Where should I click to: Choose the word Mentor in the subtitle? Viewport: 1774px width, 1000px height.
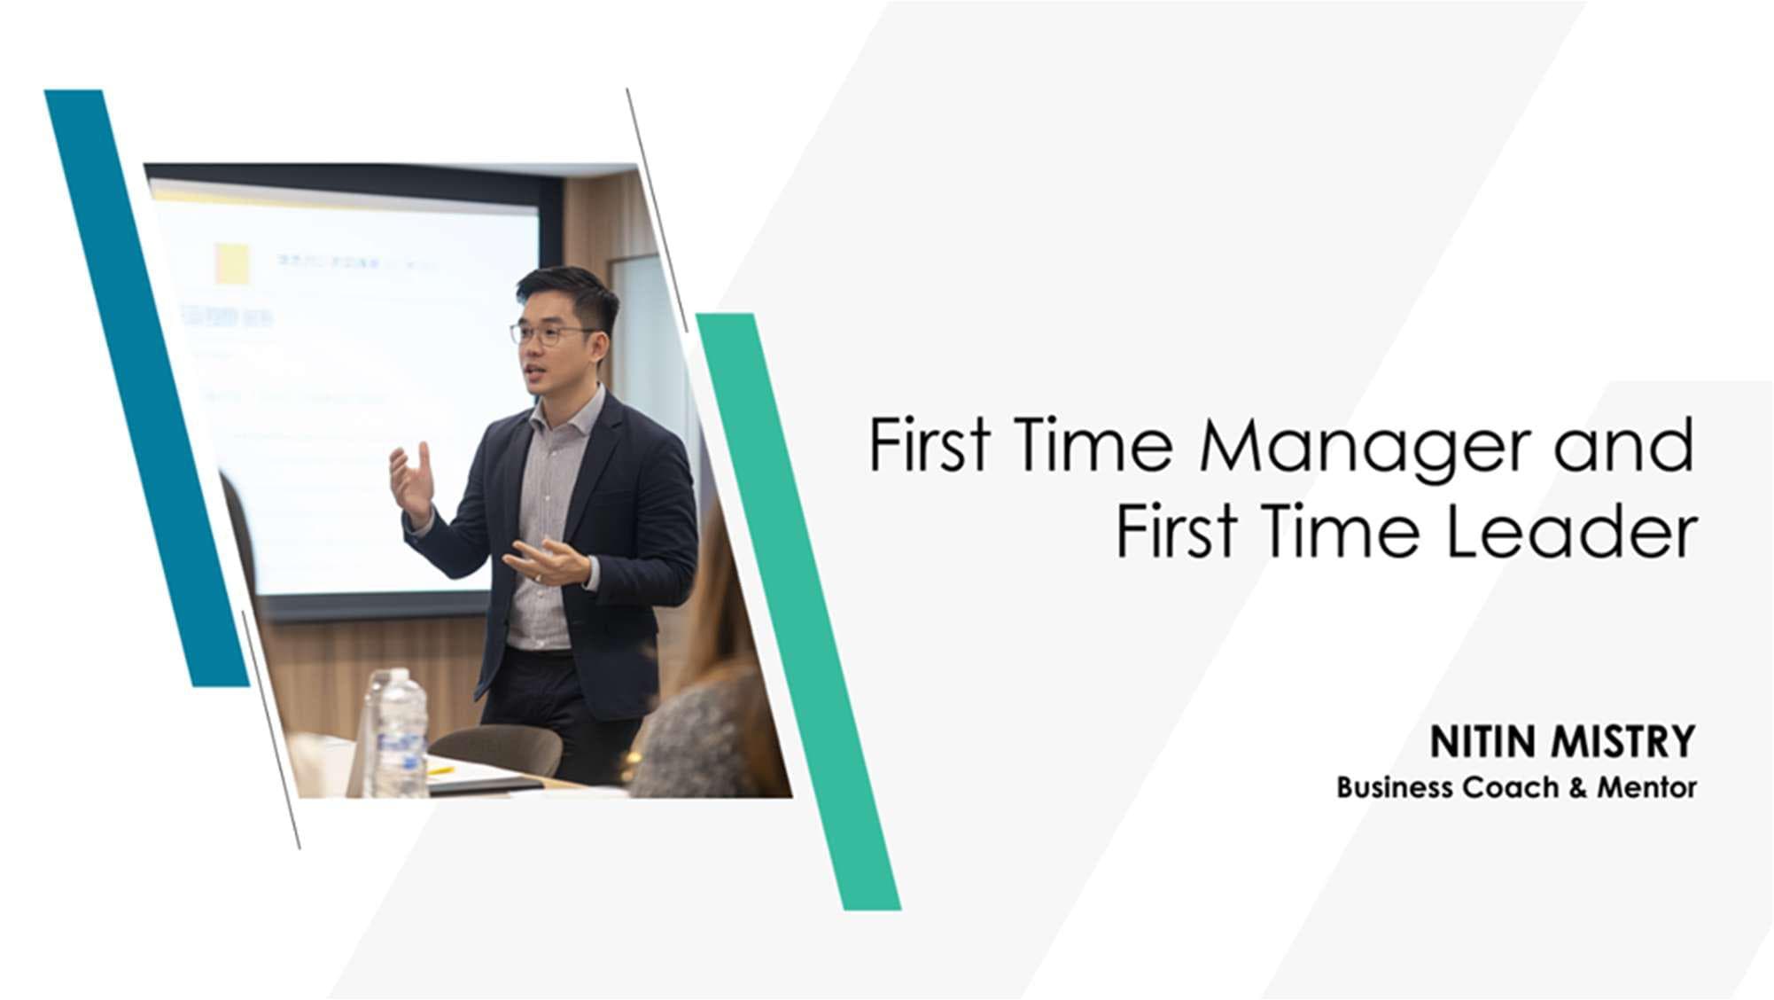pos(1647,787)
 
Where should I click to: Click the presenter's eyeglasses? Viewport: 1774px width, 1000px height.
pos(549,334)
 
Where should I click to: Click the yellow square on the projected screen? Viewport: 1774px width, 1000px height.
pos(232,264)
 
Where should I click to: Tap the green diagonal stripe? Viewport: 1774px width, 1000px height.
pos(798,612)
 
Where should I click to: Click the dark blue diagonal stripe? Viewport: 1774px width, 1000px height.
pos(146,387)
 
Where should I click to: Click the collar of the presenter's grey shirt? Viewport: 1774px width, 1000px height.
pos(567,413)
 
